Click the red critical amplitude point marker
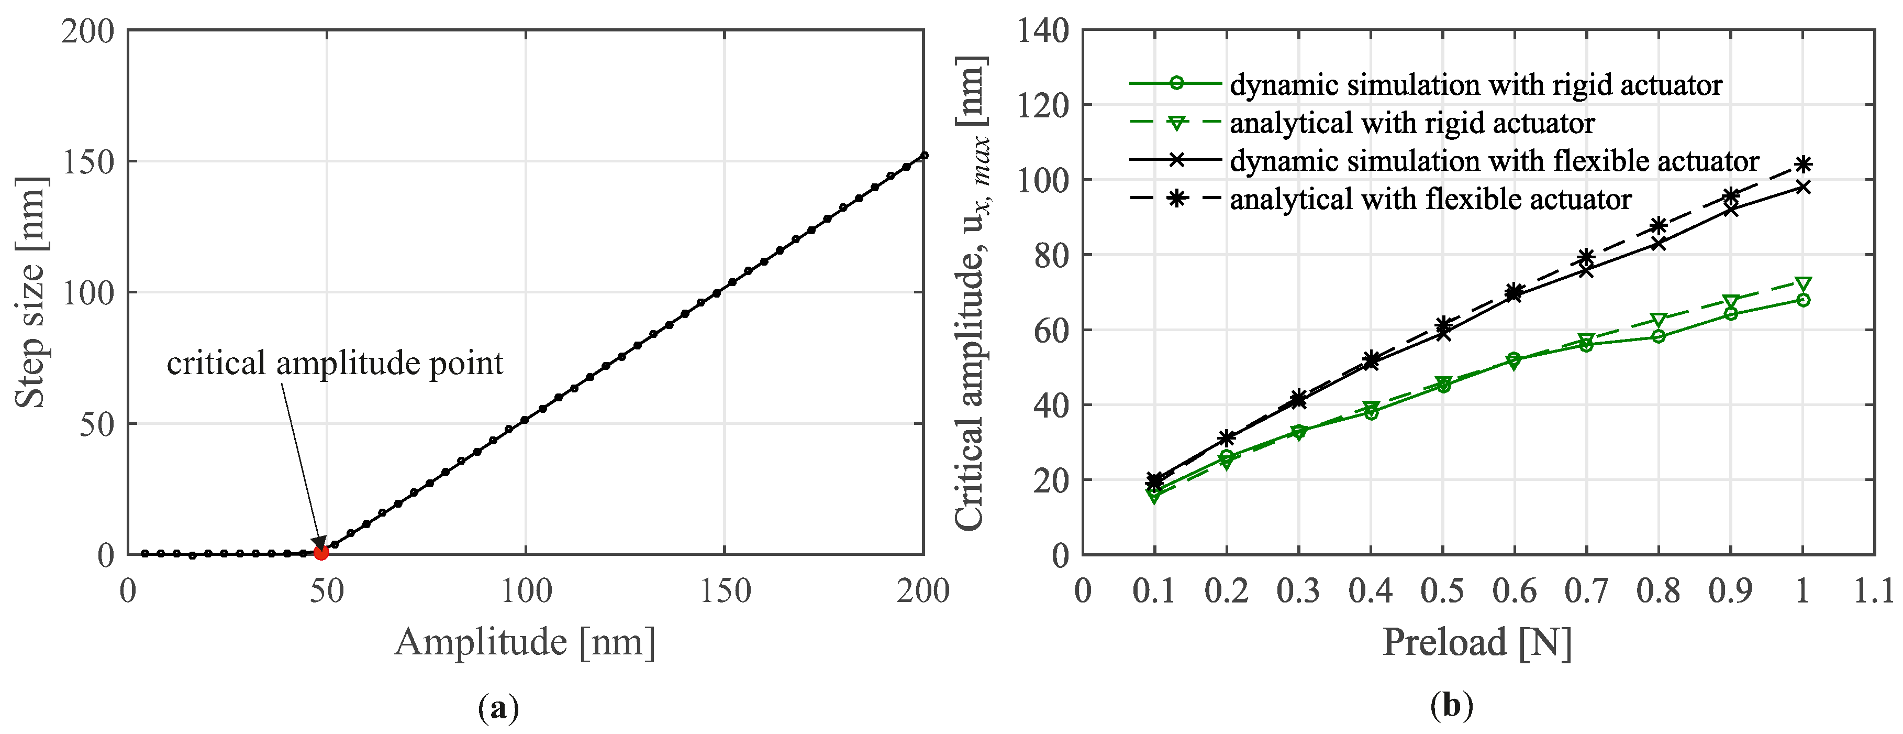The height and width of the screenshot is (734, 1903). click(320, 552)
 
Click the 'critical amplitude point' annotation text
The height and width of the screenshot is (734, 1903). click(335, 363)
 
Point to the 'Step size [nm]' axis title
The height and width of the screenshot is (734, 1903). click(31, 292)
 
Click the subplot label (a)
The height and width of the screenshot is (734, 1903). click(498, 707)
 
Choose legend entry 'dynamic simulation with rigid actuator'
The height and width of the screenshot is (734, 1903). click(1475, 85)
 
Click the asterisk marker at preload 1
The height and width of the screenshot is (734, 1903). click(1802, 164)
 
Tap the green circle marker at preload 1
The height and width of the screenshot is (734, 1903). click(1802, 299)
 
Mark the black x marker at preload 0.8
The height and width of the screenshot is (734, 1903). click(1659, 243)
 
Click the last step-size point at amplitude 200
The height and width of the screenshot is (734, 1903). click(923, 155)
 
